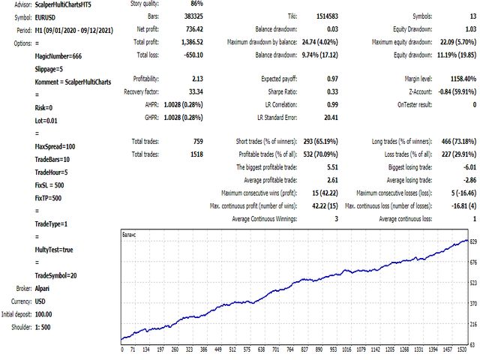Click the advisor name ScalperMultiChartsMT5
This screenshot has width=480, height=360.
click(x=69, y=4)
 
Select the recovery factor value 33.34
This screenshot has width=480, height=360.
click(x=193, y=91)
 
